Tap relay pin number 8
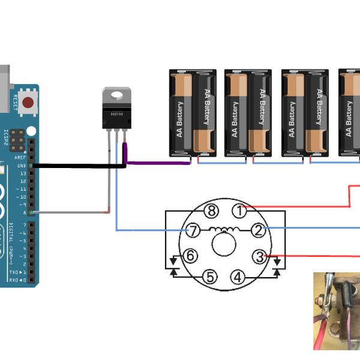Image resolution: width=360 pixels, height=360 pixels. pos(210,211)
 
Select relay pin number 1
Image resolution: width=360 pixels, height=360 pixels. pos(240,211)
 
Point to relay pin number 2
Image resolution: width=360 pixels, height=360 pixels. pos(257,230)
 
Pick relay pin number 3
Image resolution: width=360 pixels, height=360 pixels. pos(259,257)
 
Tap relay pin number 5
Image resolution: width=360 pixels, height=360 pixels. pos(209,277)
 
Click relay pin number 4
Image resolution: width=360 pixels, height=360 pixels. pos(239,277)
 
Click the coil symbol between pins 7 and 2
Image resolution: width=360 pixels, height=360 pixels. pos(225,229)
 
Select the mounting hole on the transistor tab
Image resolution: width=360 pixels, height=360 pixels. pos(116,94)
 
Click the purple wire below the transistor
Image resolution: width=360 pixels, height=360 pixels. pos(156,162)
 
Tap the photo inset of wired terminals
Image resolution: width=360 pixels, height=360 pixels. pos(336,311)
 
